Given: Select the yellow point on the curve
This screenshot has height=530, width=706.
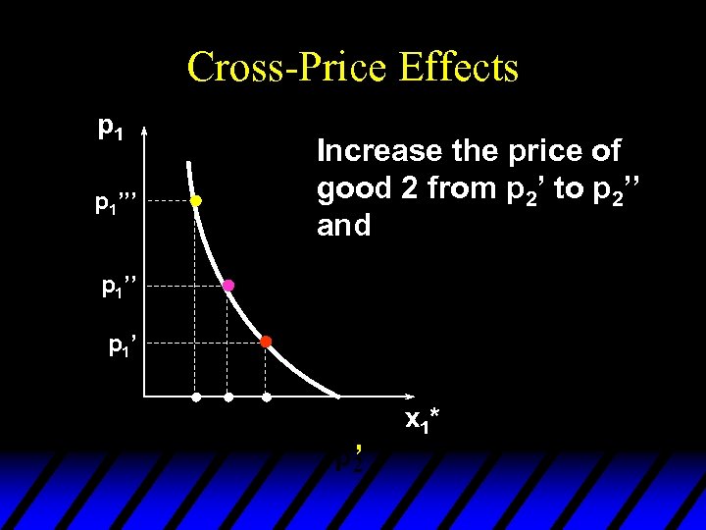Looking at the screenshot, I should (195, 201).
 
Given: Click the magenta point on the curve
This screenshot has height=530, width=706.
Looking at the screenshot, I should (228, 286).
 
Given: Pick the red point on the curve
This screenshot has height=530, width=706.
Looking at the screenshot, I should (265, 342).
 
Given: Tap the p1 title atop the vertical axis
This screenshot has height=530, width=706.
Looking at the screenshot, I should (110, 128).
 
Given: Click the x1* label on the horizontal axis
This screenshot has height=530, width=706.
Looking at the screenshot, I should (423, 421).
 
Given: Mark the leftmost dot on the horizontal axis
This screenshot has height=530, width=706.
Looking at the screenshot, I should (195, 398).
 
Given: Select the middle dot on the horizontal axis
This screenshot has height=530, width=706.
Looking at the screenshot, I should (228, 398).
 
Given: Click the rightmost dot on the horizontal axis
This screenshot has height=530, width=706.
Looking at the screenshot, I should (266, 398).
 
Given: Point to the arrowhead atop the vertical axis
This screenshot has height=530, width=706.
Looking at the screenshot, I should (143, 132).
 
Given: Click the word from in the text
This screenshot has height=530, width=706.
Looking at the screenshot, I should (452, 189).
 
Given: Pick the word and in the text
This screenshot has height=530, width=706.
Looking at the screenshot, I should (343, 226).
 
